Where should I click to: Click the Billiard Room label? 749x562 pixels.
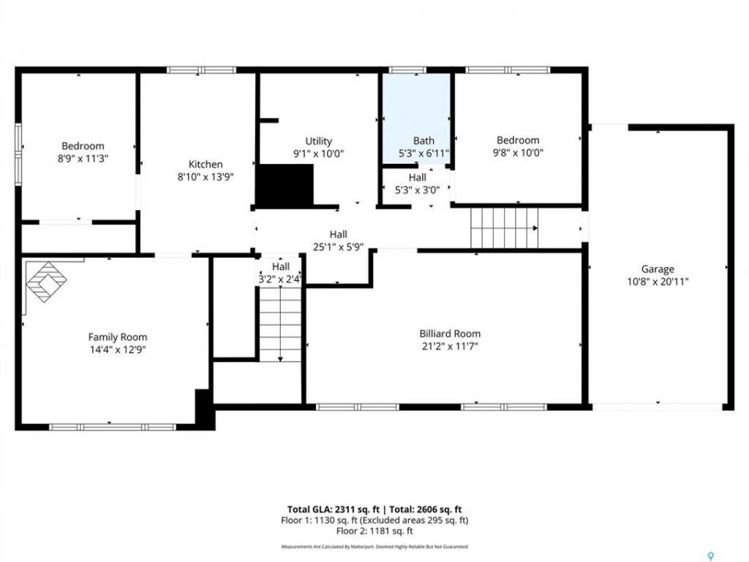click(x=450, y=333)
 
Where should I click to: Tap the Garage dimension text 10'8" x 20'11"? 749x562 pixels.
click(x=658, y=282)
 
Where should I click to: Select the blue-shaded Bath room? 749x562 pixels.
click(x=417, y=119)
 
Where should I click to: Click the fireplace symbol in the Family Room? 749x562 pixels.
click(x=46, y=282)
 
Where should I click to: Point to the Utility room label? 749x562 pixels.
click(x=318, y=141)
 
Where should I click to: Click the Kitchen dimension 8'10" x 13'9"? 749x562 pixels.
click(x=205, y=177)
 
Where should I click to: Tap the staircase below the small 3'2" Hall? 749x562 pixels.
click(x=280, y=323)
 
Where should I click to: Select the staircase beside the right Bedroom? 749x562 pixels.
click(x=505, y=228)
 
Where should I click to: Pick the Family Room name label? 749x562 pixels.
click(x=118, y=337)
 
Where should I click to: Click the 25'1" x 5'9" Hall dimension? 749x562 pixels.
click(x=338, y=247)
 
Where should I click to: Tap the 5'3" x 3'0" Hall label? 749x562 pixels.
click(x=417, y=183)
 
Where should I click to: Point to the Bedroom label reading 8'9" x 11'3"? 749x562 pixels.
click(x=83, y=152)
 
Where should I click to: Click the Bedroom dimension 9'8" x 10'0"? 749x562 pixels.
click(x=518, y=153)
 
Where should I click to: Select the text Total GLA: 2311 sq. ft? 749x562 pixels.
click(x=333, y=510)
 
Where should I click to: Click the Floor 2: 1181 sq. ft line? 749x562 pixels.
click(x=374, y=531)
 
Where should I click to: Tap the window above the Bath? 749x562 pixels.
click(x=407, y=70)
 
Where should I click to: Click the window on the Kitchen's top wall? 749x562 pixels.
click(x=201, y=70)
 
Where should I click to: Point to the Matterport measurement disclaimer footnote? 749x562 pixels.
click(x=374, y=546)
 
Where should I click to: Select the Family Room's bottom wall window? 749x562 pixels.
click(x=112, y=427)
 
